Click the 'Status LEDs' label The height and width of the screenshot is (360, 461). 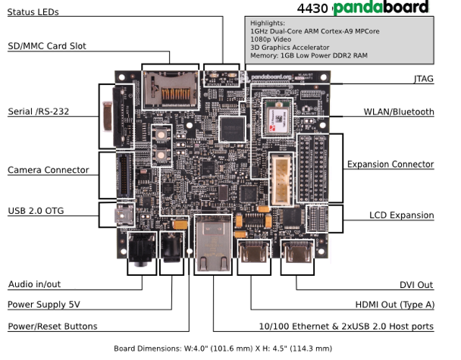click(x=33, y=12)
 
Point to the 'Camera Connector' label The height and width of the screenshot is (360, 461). click(x=48, y=170)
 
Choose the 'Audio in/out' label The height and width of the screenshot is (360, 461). click(x=35, y=285)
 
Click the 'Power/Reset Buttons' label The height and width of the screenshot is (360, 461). click(x=52, y=327)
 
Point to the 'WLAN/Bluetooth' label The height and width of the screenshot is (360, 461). click(x=399, y=112)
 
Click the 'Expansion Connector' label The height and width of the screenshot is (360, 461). click(x=390, y=164)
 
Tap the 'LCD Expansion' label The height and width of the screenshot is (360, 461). click(x=402, y=215)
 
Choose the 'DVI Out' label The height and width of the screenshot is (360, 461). click(x=416, y=285)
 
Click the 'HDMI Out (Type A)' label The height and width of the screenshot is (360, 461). click(x=394, y=305)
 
